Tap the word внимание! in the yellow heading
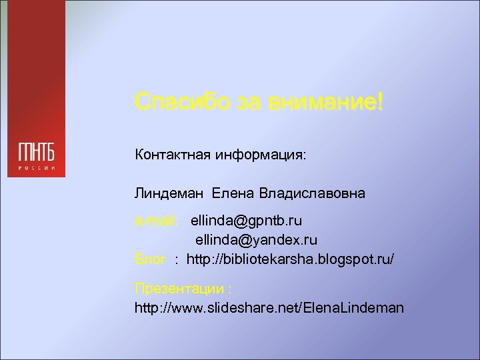325,103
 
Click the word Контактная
172,155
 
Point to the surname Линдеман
170,194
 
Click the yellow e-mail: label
155,219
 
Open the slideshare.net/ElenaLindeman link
269,308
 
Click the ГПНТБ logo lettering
36,152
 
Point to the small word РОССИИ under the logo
36,167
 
